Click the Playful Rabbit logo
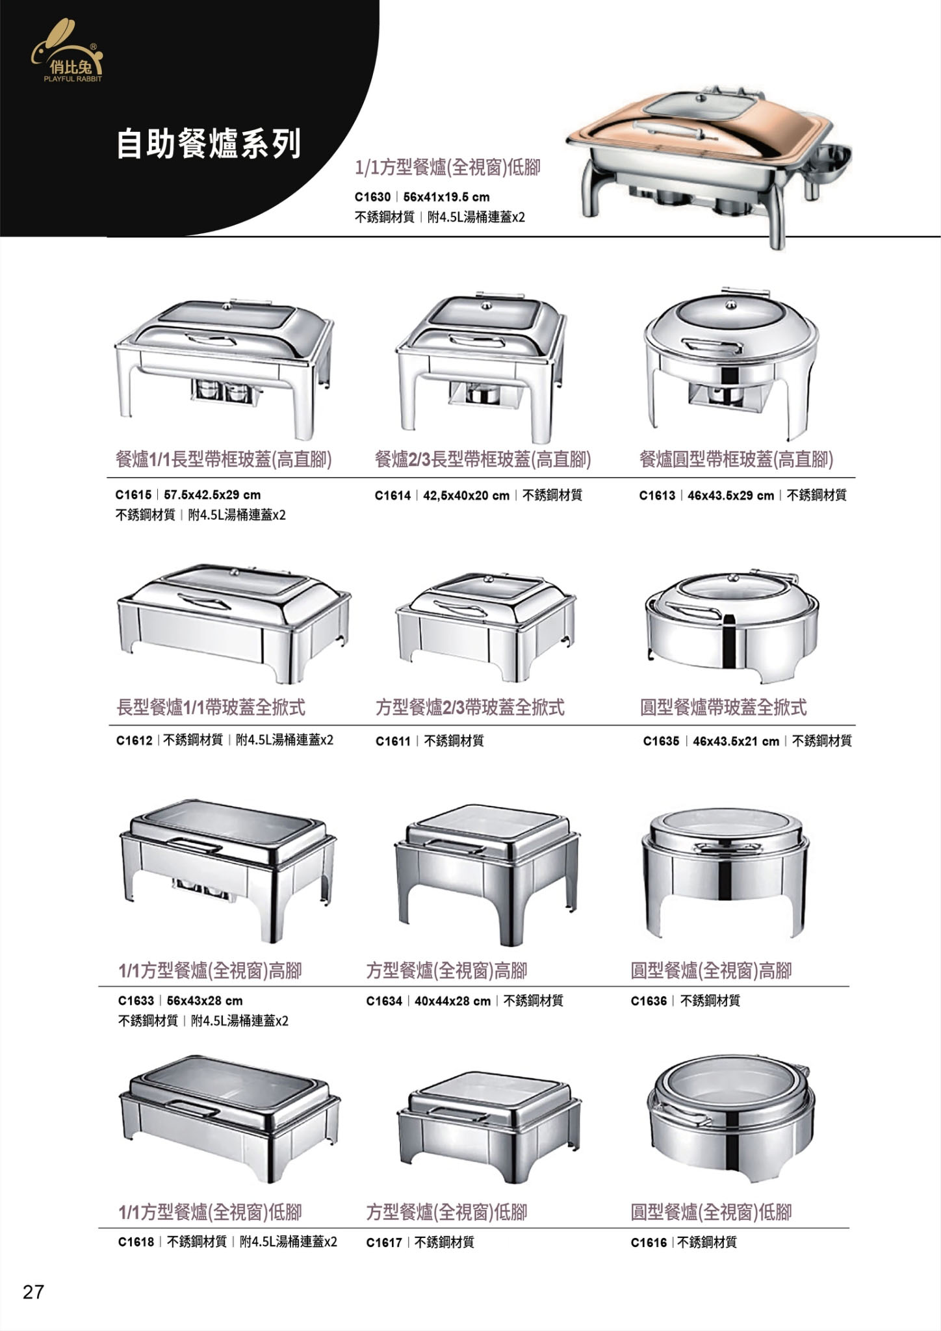point(67,51)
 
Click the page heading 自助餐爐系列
point(209,144)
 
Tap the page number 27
point(33,1291)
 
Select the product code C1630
point(372,197)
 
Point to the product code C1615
point(133,495)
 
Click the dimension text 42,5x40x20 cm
point(466,495)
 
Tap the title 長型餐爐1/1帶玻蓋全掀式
point(211,706)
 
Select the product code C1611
point(393,740)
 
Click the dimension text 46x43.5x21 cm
point(736,741)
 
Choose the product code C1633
point(136,1000)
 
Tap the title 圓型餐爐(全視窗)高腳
point(712,971)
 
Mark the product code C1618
point(136,1242)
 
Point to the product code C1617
point(384,1242)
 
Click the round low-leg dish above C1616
point(730,1121)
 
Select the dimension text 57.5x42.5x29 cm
point(212,495)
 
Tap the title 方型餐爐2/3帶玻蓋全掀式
point(470,706)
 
